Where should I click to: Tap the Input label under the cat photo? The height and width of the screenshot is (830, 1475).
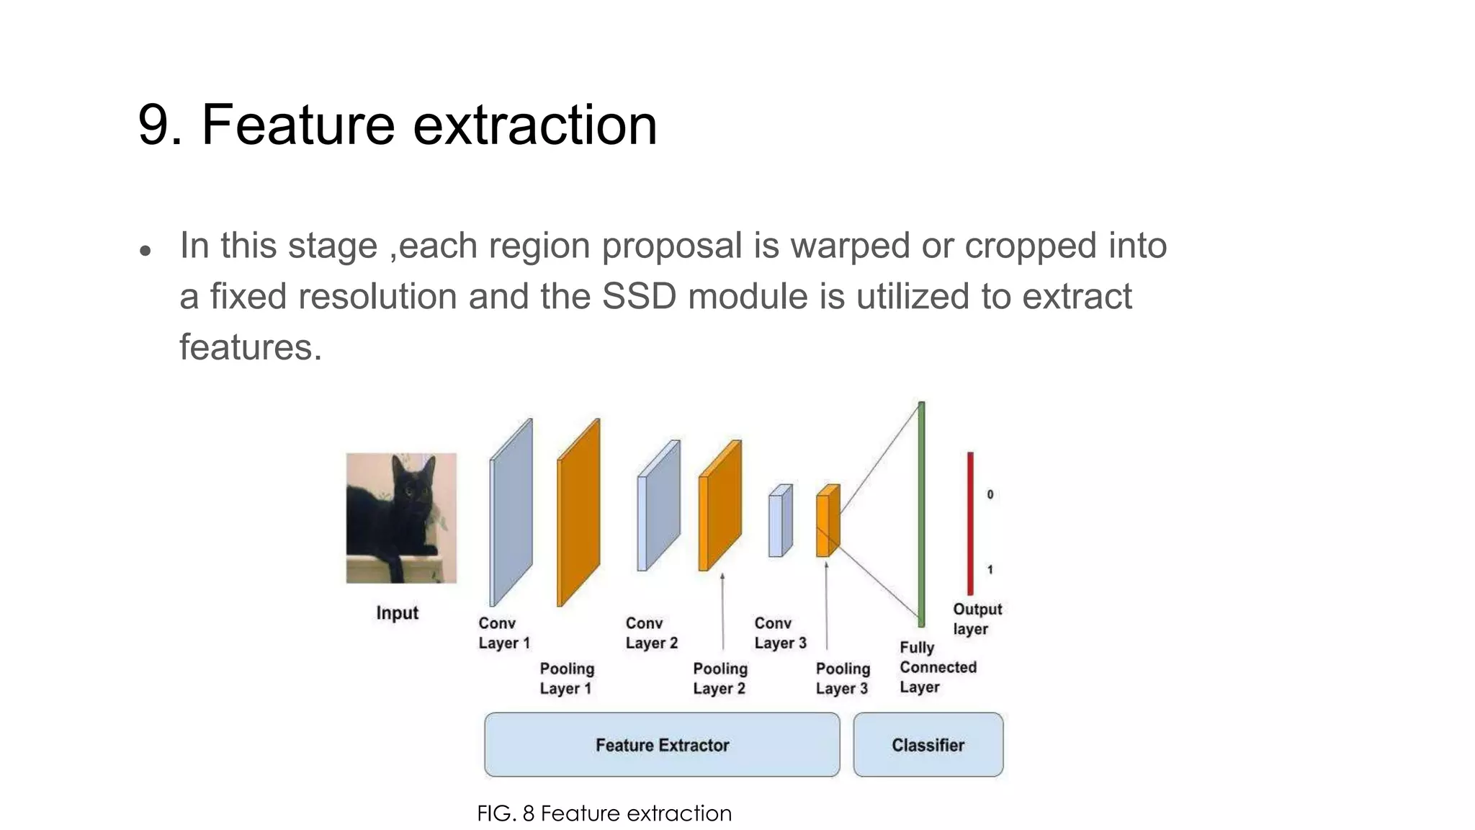[x=397, y=613]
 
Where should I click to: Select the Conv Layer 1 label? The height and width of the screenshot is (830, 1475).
[x=503, y=633]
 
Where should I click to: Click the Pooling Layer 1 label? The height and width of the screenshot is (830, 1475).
[x=567, y=679]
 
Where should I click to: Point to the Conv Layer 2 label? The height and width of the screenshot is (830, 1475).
[x=651, y=633]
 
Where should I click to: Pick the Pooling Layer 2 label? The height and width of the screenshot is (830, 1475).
[x=719, y=679]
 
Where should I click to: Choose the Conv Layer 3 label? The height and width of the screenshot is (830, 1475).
[x=780, y=633]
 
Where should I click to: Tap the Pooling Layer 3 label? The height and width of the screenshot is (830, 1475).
[x=842, y=679]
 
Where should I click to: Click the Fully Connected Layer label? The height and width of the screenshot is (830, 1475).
[x=937, y=667]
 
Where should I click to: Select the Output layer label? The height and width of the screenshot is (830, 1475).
[x=977, y=619]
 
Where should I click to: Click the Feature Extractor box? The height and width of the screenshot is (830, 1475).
[x=662, y=745]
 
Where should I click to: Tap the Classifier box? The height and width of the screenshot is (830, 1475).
[x=928, y=745]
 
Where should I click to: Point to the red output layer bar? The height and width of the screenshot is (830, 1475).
[x=970, y=524]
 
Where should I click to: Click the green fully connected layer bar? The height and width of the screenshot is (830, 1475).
[x=921, y=514]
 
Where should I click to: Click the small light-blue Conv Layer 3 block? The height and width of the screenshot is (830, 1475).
[x=779, y=522]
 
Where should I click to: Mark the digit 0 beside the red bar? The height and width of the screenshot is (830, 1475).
[x=990, y=494]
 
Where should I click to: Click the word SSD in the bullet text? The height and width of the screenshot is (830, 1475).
[x=638, y=297]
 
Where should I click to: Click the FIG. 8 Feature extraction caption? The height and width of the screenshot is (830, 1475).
[x=604, y=813]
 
